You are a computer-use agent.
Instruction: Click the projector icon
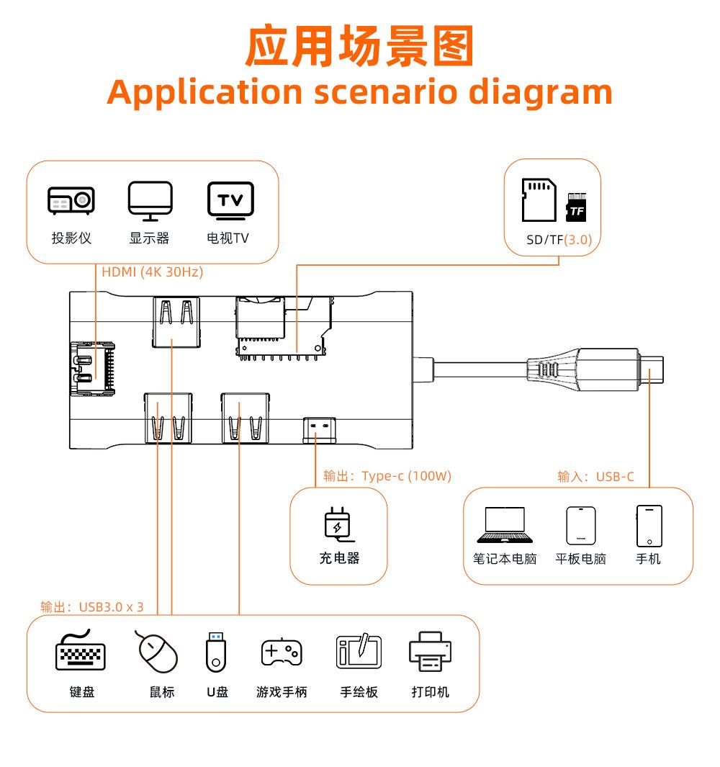(71, 201)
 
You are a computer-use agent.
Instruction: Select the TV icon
(230, 200)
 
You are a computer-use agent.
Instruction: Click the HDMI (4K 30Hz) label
(152, 272)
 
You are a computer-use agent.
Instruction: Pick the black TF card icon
(576, 207)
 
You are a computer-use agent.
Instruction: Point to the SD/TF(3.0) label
(559, 241)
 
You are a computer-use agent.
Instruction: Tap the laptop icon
(505, 525)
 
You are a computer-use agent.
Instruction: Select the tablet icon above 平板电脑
(580, 526)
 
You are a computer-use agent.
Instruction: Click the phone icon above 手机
(649, 526)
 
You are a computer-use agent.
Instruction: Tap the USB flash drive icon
(217, 650)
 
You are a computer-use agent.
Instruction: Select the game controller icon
(282, 652)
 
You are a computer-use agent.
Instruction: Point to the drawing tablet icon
(359, 651)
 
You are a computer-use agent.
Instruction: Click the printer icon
(431, 652)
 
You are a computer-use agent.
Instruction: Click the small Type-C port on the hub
(318, 429)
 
